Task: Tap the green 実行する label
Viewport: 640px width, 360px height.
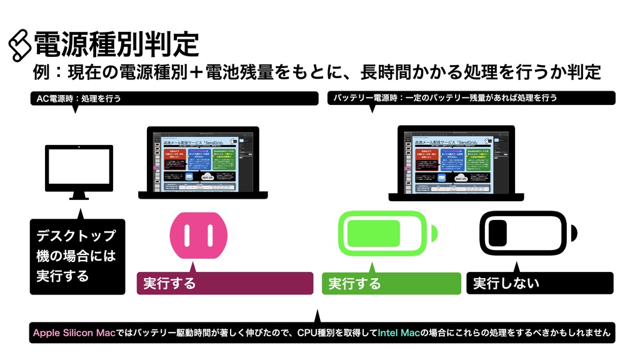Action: pos(391,283)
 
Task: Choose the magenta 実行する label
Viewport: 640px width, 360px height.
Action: pos(224,283)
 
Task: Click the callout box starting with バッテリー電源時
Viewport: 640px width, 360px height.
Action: pos(471,98)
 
